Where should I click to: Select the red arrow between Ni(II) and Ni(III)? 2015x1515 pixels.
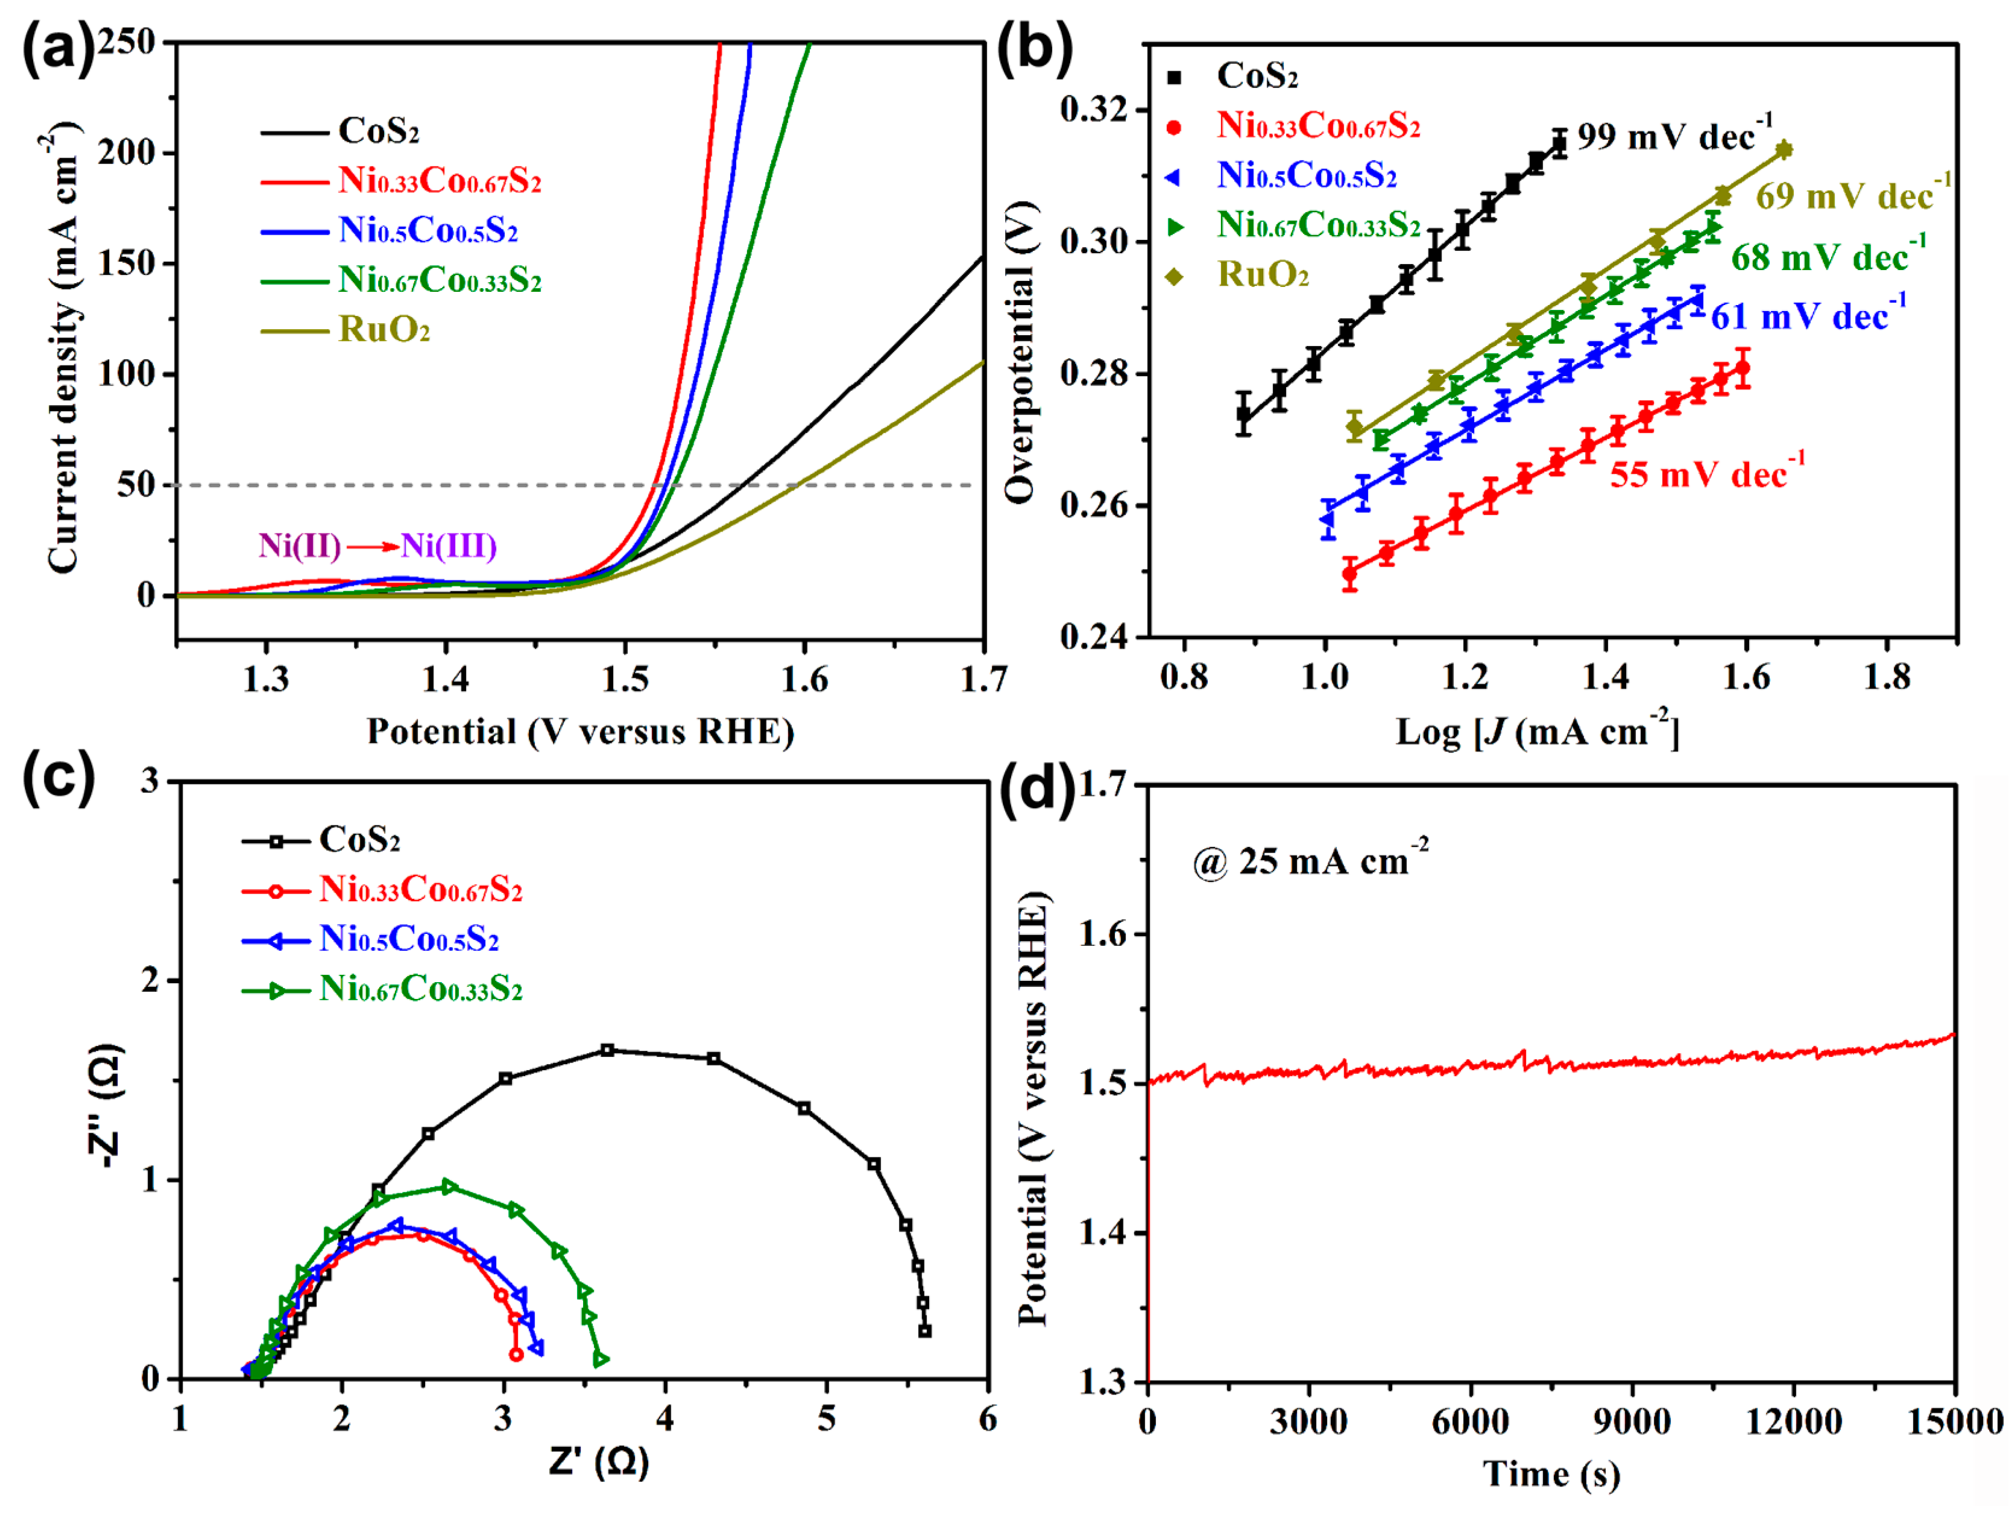point(371,547)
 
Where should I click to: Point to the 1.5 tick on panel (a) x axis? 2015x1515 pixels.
point(625,679)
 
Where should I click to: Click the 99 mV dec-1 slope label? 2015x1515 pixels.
point(1674,137)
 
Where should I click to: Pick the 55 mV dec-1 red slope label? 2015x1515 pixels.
point(1706,474)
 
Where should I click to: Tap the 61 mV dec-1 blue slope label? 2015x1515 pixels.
point(1808,316)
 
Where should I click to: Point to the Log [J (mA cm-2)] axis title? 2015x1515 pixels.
point(1537,731)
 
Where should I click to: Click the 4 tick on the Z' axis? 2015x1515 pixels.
point(665,1419)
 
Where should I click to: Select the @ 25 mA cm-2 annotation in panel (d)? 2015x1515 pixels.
point(1309,861)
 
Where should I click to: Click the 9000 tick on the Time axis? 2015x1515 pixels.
point(1632,1421)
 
